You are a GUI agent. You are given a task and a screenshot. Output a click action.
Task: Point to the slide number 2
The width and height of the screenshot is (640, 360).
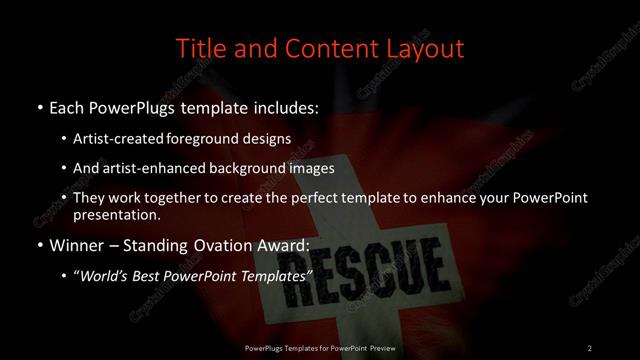tap(590, 347)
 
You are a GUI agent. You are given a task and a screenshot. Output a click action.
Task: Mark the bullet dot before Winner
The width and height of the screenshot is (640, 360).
tap(39, 245)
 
